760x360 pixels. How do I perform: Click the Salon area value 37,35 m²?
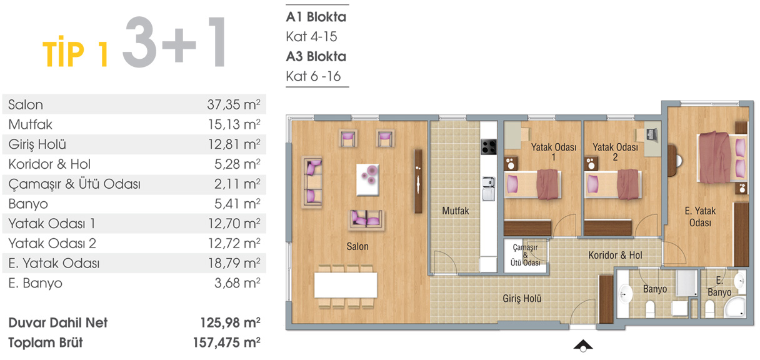click(234, 104)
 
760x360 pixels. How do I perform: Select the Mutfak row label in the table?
click(30, 124)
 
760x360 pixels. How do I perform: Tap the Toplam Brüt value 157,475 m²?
click(227, 342)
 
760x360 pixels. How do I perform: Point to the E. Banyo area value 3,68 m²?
click(237, 282)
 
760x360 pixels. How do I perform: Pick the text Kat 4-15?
click(311, 37)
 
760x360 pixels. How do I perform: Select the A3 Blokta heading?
click(316, 56)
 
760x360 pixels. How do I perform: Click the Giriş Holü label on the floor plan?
click(522, 299)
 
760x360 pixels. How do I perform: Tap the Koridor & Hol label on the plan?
click(615, 255)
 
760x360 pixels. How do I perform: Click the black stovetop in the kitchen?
click(489, 147)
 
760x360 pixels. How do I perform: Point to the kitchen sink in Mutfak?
click(489, 189)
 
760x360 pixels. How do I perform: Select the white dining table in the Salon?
click(346, 285)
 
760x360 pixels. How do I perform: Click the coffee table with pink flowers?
click(367, 180)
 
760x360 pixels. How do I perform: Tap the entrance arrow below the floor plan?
click(583, 346)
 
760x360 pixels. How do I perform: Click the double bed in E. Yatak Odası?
click(722, 157)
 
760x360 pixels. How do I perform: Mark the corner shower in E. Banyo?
click(736, 307)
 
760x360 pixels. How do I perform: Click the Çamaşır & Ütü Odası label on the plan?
click(525, 255)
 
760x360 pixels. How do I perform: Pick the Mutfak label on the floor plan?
click(456, 211)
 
